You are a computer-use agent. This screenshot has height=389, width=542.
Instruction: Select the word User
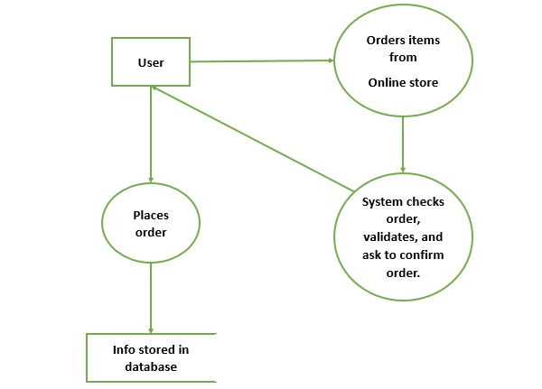pos(150,62)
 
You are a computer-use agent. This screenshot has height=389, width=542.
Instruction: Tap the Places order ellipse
pos(151,224)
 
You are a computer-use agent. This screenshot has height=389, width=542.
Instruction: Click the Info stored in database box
pos(151,357)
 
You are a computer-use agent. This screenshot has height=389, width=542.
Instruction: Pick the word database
pos(151,366)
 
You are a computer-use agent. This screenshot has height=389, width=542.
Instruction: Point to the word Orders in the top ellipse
pos(384,42)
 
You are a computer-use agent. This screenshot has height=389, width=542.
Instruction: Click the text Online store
pos(403,82)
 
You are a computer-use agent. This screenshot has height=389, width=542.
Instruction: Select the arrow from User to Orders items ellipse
pos(262,61)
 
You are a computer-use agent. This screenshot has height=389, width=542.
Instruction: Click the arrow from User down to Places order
pos(151,135)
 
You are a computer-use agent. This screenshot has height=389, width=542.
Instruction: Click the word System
pos(381,202)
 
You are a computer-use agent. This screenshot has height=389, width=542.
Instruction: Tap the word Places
pos(151,216)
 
